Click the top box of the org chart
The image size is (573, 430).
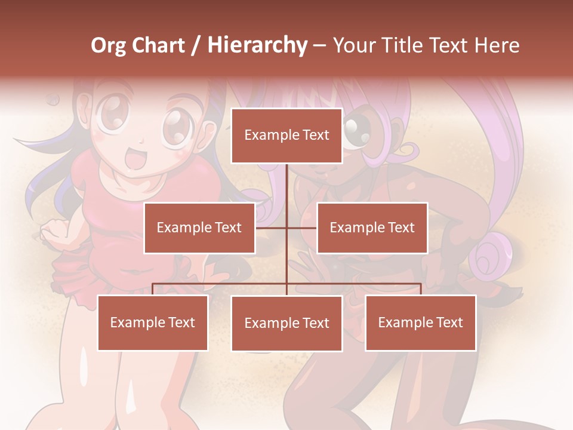286,136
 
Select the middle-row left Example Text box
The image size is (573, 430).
199,228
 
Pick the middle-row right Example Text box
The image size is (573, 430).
372,228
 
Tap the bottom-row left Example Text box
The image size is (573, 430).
153,322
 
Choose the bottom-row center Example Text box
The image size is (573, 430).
286,323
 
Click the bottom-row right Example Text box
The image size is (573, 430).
421,322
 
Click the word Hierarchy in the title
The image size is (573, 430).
257,45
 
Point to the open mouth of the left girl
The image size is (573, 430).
137,159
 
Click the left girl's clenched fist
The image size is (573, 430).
54,229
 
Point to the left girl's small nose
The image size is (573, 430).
141,142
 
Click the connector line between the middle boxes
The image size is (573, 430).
286,228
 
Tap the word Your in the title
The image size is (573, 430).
355,45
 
